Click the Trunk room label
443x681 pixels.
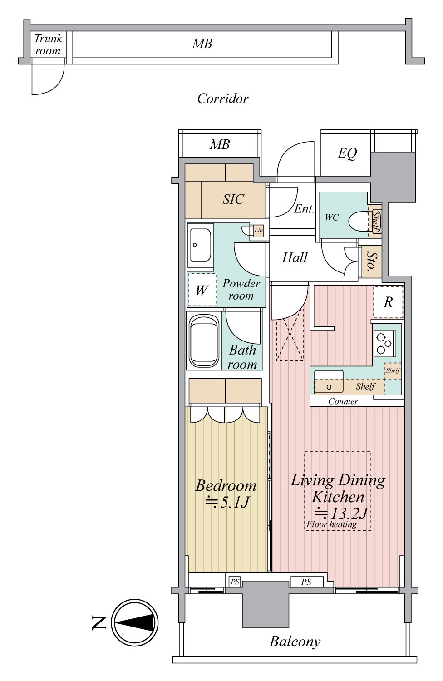(48, 44)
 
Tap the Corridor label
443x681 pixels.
(222, 99)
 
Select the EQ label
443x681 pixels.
(347, 153)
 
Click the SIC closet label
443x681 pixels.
(233, 199)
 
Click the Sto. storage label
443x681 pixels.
(371, 261)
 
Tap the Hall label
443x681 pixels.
(295, 257)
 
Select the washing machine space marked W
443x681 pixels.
(202, 290)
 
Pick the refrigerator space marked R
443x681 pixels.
(388, 302)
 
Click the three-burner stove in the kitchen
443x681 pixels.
(384, 344)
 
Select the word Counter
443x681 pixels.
(343, 401)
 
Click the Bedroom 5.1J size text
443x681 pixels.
(227, 502)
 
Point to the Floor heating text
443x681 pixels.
(331, 524)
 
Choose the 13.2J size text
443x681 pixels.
(341, 513)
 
